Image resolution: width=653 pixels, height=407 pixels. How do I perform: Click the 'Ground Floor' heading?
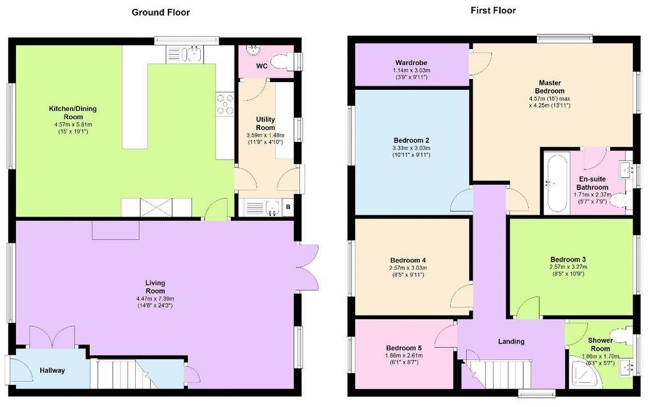pyautogui.click(x=161, y=12)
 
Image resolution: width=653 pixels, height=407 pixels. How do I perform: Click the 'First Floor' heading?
pyautogui.click(x=493, y=10)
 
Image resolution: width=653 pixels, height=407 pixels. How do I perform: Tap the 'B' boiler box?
pyautogui.click(x=288, y=207)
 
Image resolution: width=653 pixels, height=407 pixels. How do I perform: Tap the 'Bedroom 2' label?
pyautogui.click(x=411, y=140)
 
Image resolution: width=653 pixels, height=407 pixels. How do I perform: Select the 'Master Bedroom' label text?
pyautogui.click(x=549, y=87)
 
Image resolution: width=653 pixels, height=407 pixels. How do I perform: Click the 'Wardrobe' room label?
pyautogui.click(x=411, y=62)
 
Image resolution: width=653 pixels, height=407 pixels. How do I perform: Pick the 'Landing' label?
pyautogui.click(x=511, y=341)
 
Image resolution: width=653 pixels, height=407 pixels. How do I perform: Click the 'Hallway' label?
pyautogui.click(x=52, y=370)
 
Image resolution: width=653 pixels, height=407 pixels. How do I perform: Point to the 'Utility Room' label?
pyautogui.click(x=265, y=124)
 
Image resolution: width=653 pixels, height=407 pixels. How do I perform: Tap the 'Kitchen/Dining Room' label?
pyautogui.click(x=73, y=113)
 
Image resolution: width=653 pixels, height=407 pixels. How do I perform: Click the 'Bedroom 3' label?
pyautogui.click(x=568, y=259)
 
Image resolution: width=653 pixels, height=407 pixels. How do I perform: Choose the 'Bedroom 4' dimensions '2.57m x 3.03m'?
pyautogui.click(x=408, y=268)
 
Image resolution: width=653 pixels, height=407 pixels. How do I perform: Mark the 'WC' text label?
pyautogui.click(x=261, y=66)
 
